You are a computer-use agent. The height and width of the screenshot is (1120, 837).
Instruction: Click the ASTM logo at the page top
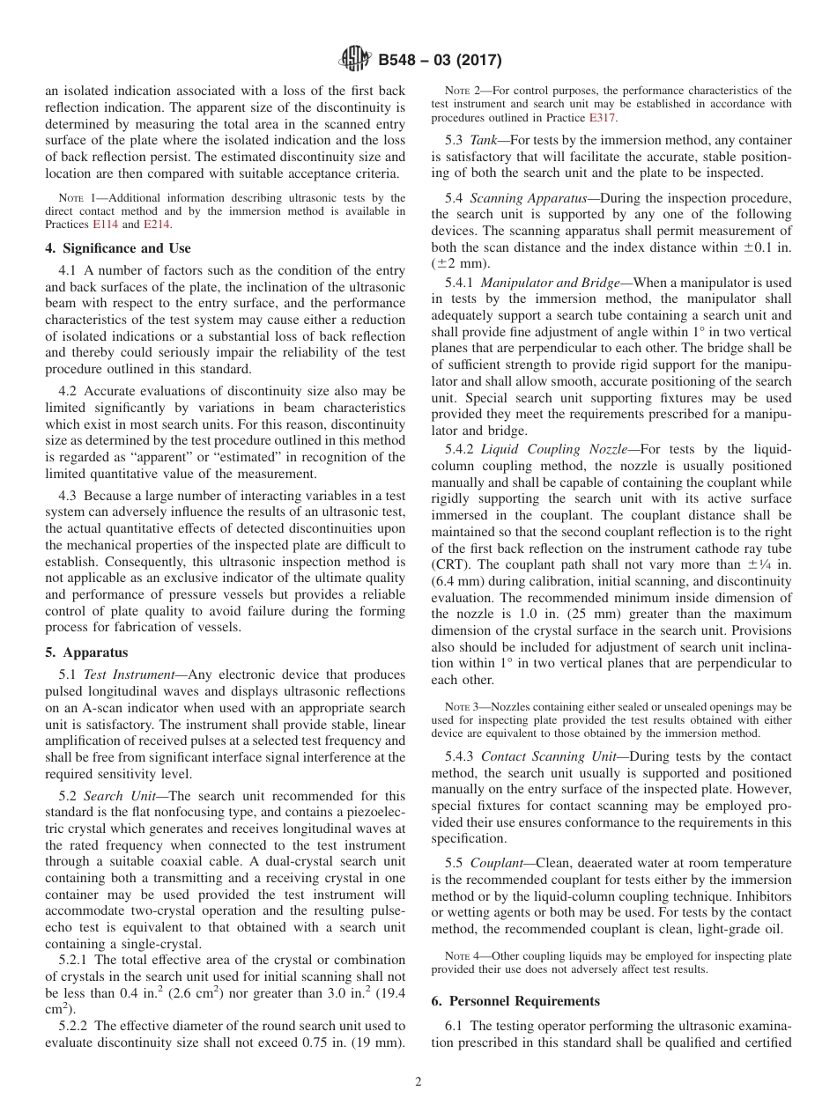355,61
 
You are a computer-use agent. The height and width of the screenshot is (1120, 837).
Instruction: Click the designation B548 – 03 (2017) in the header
440,61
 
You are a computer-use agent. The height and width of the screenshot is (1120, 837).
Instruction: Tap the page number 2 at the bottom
418,1082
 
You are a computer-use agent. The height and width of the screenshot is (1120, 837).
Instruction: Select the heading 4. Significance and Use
117,248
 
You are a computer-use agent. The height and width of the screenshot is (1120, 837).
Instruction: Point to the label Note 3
461,707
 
